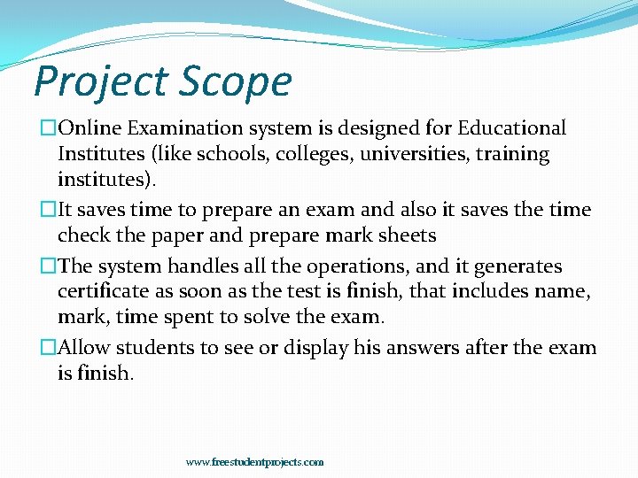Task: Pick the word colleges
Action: coord(322,154)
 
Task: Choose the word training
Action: coord(514,154)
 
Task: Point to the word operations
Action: coord(355,266)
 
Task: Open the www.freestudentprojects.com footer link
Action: coord(254,462)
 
